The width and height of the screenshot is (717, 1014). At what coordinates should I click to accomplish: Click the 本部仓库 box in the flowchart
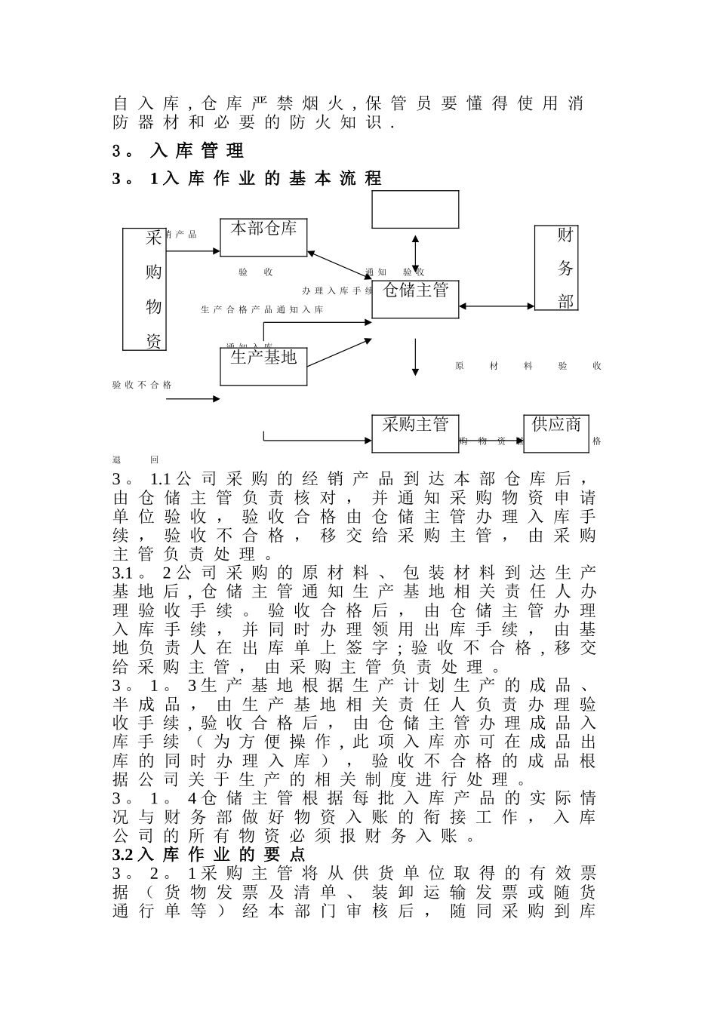(x=263, y=237)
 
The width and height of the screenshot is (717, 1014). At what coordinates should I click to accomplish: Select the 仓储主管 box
(x=415, y=299)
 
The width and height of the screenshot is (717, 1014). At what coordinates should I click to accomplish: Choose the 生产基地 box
(x=263, y=366)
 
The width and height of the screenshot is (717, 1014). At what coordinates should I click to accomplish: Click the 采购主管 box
(x=415, y=433)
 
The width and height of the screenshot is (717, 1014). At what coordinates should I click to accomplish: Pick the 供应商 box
(x=556, y=433)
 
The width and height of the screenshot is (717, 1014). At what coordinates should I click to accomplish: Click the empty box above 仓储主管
(x=415, y=209)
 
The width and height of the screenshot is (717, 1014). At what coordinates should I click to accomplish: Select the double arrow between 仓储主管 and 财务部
(x=497, y=306)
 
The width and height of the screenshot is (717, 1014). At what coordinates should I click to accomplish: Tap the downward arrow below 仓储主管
(x=415, y=357)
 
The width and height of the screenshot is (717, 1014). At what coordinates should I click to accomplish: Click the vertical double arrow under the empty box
(x=415, y=253)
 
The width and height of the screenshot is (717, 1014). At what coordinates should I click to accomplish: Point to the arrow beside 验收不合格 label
(x=193, y=398)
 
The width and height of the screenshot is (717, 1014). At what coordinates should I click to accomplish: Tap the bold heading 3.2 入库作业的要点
(x=209, y=855)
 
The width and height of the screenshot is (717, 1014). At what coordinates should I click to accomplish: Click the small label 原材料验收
(x=528, y=366)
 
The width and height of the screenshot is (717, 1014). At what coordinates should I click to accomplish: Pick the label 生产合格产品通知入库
(x=262, y=310)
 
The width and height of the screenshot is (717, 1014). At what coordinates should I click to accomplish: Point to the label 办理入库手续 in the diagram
(x=337, y=290)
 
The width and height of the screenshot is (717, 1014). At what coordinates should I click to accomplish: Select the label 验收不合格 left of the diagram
(x=142, y=385)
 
